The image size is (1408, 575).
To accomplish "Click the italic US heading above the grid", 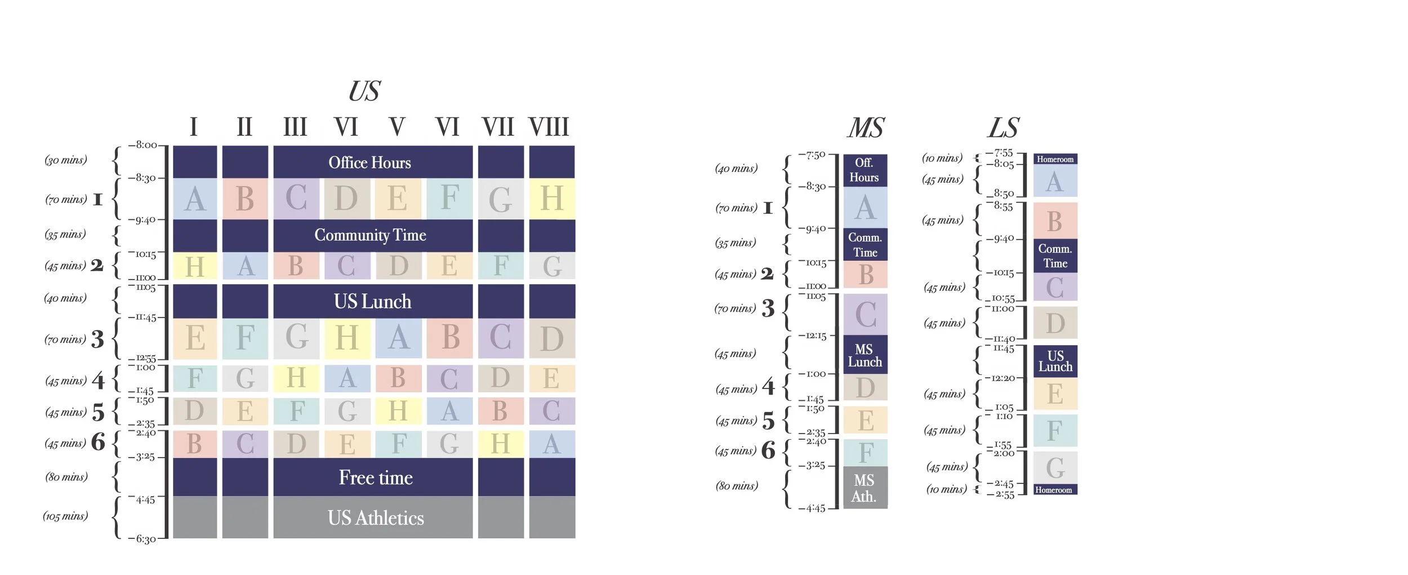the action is pos(364,91).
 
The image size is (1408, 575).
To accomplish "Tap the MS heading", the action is pos(866,128).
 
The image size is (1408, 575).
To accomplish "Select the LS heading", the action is pos(1003,128).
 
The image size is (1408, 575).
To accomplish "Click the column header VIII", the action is pos(549,127).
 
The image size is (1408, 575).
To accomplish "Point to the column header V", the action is pos(396,127).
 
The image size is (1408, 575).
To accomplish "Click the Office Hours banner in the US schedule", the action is pos(370,162).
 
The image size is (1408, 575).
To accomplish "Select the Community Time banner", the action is pos(370,235).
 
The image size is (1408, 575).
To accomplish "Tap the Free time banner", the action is pos(376,477).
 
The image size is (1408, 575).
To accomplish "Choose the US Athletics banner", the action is pos(376,517).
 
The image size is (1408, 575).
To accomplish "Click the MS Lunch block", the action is pos(865,355).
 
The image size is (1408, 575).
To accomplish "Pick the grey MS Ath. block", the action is pos(865,488).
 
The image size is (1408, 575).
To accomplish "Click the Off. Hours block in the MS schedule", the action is pos(865,170).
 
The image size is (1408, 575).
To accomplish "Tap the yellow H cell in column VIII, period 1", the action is pos(551,198).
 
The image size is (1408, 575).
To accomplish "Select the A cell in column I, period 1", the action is pos(195,198).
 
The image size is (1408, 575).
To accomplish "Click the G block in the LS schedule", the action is pos(1055,468).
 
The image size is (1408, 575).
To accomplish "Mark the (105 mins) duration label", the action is pos(65,516).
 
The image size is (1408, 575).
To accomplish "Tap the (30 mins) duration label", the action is pos(66,160).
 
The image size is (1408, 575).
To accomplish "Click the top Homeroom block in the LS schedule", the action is pos(1055,159).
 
